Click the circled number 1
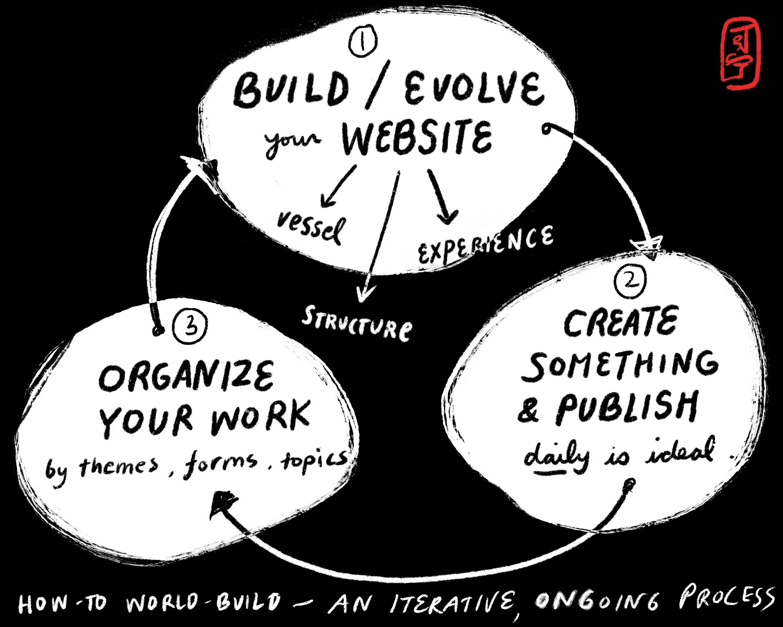tap(363, 42)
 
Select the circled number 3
tap(190, 325)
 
